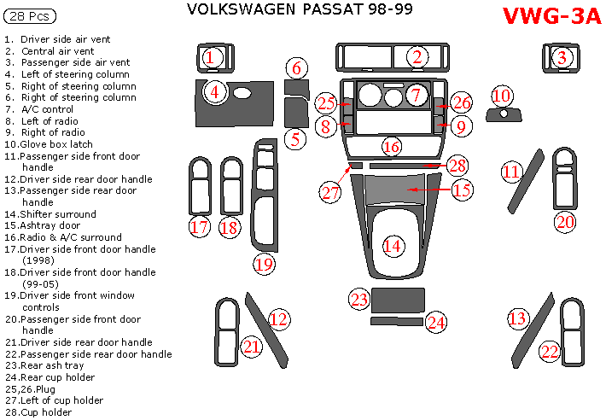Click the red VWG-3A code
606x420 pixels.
pos(551,16)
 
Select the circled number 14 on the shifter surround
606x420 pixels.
pos(392,246)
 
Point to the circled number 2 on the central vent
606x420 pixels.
pos(417,58)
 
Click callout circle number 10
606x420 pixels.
pos(501,96)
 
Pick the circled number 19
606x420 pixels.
pos(265,264)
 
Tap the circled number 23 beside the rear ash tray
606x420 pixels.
pos(358,299)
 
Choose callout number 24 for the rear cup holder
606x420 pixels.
pos(436,322)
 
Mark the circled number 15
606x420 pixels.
pos(461,190)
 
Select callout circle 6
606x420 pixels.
pos(296,68)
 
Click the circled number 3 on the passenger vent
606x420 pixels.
pos(562,58)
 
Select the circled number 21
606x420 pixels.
pos(251,347)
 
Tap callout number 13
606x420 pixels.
pos(517,319)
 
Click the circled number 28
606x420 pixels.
pos(457,165)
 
